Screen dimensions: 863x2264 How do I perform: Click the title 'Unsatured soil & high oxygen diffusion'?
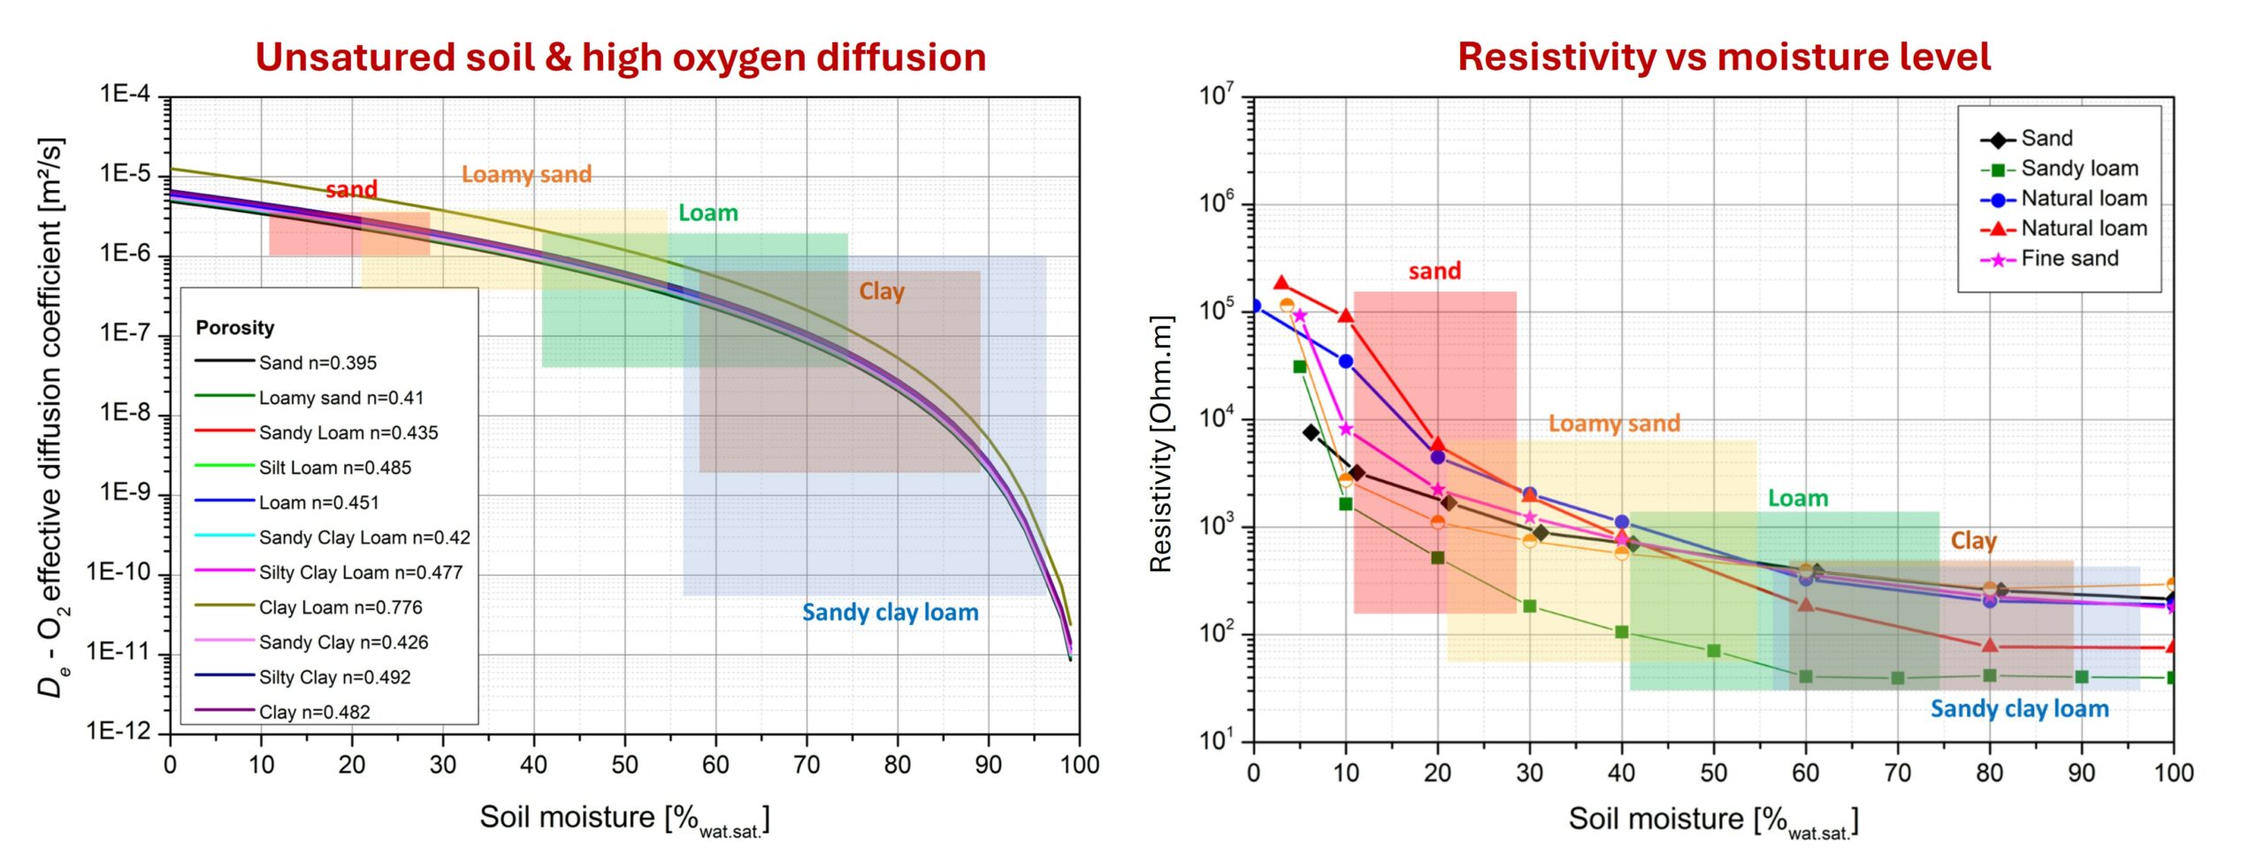(x=620, y=57)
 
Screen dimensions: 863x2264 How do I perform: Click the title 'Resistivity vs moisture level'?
(x=1724, y=57)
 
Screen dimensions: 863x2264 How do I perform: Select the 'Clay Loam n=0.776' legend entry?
(x=340, y=607)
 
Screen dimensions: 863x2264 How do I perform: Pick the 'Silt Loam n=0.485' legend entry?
(x=334, y=468)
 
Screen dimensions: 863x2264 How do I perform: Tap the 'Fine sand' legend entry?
(x=2069, y=258)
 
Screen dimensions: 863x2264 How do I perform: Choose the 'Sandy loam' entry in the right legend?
(x=2079, y=168)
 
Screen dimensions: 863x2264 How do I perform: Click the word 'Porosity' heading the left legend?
(x=235, y=328)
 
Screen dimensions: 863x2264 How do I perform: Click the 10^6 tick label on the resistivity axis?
(x=1215, y=203)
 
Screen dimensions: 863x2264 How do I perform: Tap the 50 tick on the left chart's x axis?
(x=624, y=765)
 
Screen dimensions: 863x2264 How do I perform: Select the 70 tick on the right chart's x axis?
(x=1897, y=773)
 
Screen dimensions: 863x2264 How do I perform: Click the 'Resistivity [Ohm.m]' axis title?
(x=1160, y=445)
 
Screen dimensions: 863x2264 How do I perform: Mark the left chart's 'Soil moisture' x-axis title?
(x=623, y=818)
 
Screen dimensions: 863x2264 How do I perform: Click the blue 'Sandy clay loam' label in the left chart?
(x=890, y=613)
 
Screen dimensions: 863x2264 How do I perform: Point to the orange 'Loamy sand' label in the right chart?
(x=1614, y=424)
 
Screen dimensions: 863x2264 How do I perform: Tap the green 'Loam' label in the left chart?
(x=707, y=213)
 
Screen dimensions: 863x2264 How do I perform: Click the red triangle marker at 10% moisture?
(x=1346, y=316)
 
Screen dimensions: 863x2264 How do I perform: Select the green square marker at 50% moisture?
(x=1713, y=651)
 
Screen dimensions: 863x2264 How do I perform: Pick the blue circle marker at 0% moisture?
(x=1254, y=306)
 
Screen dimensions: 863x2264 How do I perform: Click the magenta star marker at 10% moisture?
(x=1346, y=429)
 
